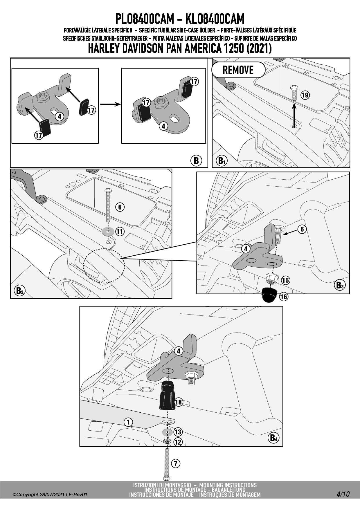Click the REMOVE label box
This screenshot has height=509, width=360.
click(x=238, y=70)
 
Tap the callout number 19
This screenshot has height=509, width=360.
click(x=305, y=95)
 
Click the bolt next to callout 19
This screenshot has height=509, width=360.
click(x=294, y=93)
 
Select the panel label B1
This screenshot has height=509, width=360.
click(x=222, y=160)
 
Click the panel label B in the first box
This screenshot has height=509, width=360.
click(x=196, y=160)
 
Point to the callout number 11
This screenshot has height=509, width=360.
click(x=120, y=231)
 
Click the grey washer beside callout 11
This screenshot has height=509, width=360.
click(x=108, y=232)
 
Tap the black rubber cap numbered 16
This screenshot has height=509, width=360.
click(x=269, y=295)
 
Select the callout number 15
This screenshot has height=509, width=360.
click(x=285, y=280)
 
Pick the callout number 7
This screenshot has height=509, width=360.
click(x=175, y=463)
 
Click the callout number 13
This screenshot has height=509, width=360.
click(x=178, y=432)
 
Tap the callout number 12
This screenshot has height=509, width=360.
click(x=178, y=442)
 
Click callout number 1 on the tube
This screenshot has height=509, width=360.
click(x=128, y=422)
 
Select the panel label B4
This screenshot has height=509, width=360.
click(x=274, y=438)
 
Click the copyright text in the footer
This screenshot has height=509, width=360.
click(x=50, y=494)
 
